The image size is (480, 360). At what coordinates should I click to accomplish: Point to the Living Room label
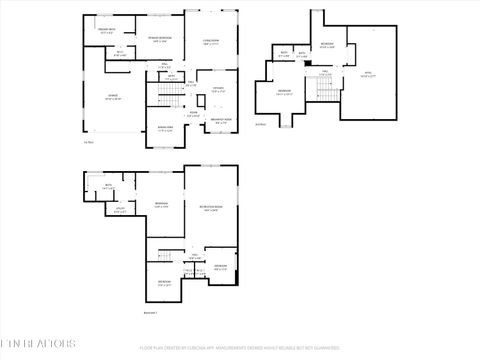click(212, 43)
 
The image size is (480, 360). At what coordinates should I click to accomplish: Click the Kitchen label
click(217, 90)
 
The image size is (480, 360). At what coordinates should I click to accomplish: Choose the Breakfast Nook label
click(221, 121)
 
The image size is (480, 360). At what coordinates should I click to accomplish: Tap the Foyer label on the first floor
click(190, 115)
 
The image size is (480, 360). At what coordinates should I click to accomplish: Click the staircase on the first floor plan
click(172, 95)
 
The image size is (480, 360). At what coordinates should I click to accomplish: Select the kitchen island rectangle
click(203, 100)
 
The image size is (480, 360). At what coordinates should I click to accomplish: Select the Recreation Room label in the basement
click(211, 210)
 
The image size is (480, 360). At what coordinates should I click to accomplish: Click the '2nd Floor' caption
click(261, 124)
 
